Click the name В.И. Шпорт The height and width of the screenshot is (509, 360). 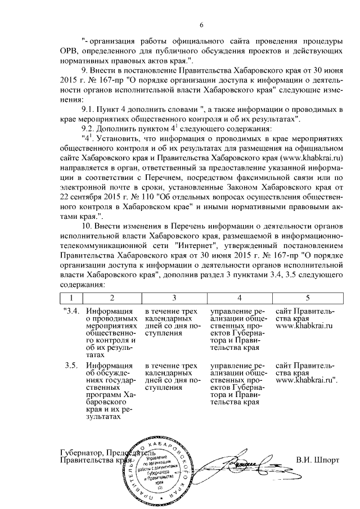pos(318,459)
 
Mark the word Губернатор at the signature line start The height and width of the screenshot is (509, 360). pos(82,452)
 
